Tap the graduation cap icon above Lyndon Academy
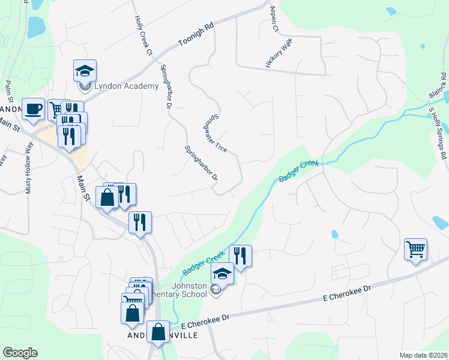coord(85,71)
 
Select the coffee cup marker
coord(33,109)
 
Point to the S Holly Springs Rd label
coord(436,133)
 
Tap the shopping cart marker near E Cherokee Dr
coord(415,249)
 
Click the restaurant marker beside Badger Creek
coord(240,256)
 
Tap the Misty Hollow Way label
coord(28,175)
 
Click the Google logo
coord(20,353)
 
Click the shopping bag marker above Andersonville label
coord(158,333)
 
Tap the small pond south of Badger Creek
coord(334,234)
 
